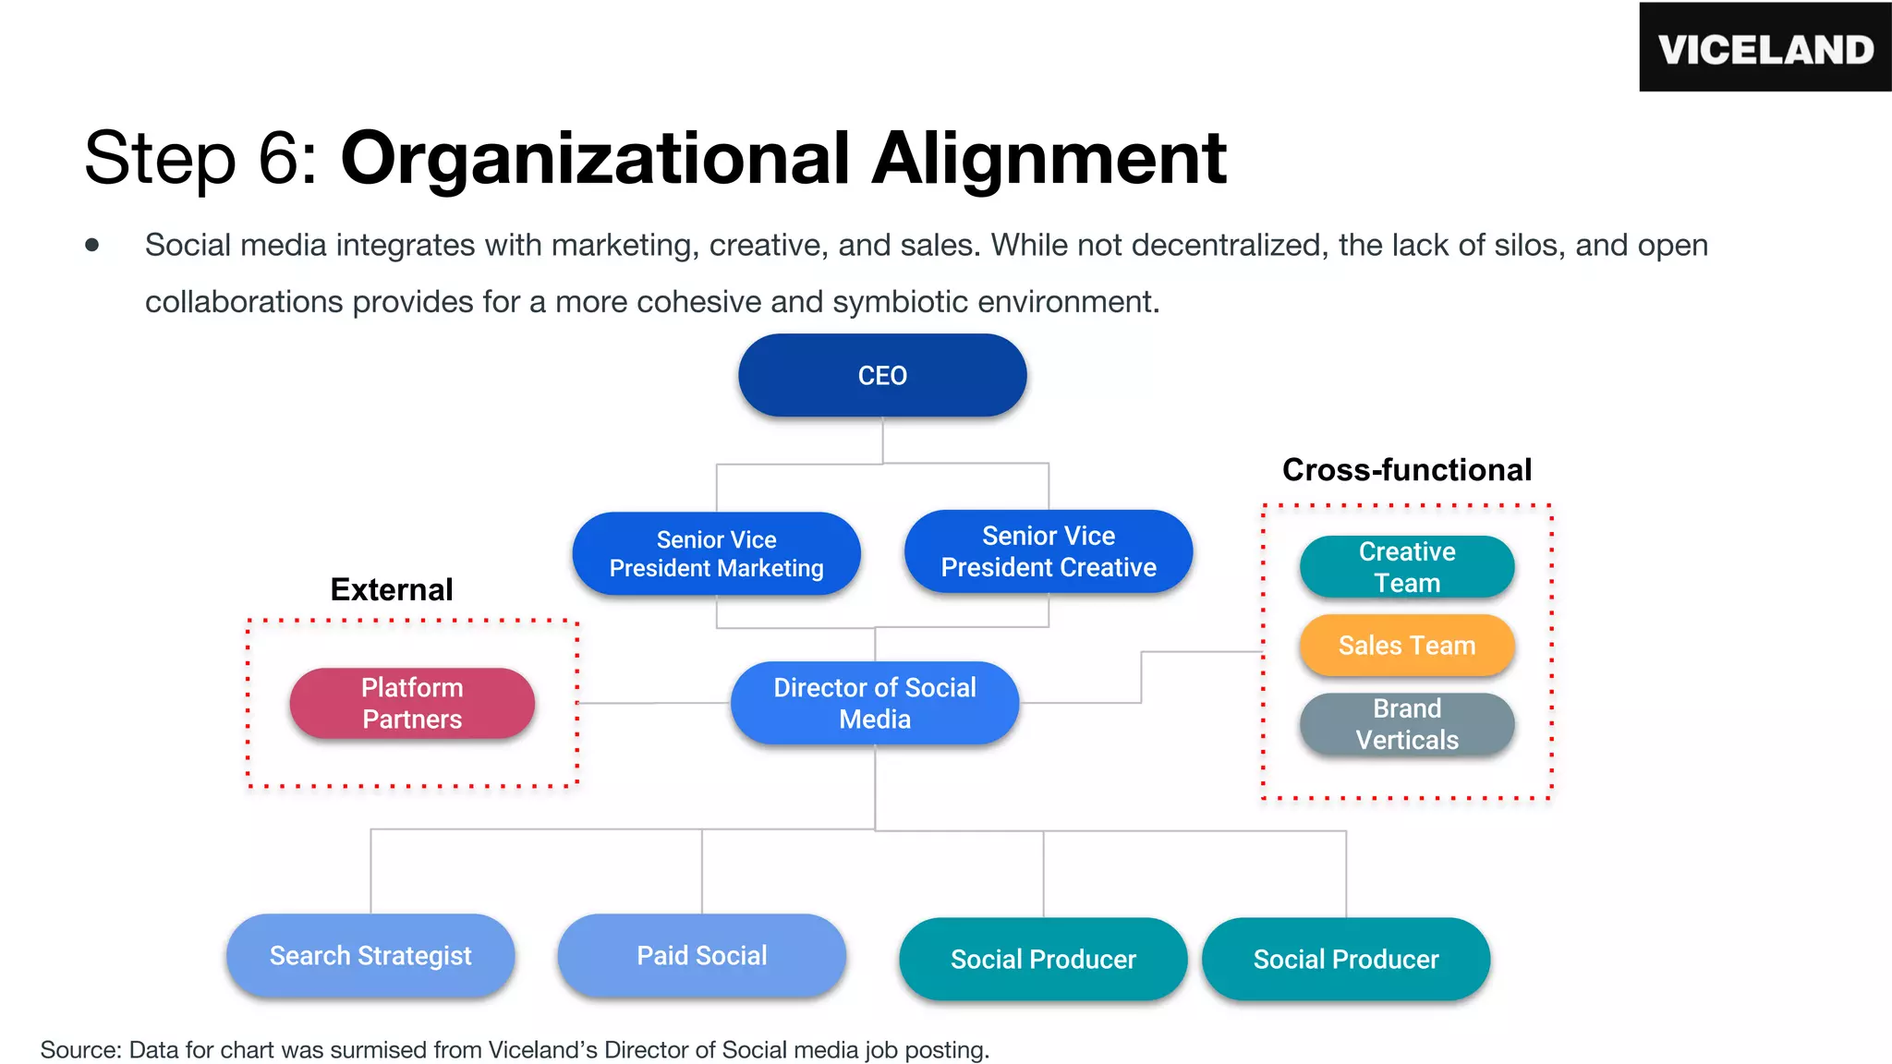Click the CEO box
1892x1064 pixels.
[x=882, y=375]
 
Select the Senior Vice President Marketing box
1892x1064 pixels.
[x=716, y=553]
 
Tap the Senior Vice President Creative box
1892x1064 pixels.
[x=1048, y=551]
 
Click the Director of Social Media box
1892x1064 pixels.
[x=874, y=703]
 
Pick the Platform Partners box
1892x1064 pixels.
[x=412, y=703]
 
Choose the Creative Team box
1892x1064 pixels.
[x=1406, y=567]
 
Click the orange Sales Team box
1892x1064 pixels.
[x=1406, y=646]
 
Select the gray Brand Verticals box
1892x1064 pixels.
[x=1406, y=724]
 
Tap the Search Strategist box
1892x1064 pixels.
[x=370, y=955]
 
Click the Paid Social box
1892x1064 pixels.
[x=701, y=955]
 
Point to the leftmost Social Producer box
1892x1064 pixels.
[x=1043, y=959]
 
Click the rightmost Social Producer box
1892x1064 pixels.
[x=1345, y=959]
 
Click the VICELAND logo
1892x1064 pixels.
[x=1765, y=48]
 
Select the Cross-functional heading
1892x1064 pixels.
[x=1406, y=469]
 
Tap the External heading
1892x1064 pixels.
[x=392, y=589]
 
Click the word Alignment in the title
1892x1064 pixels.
[x=1049, y=159]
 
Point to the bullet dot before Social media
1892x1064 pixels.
[x=91, y=245]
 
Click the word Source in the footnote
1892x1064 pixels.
[x=79, y=1050]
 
